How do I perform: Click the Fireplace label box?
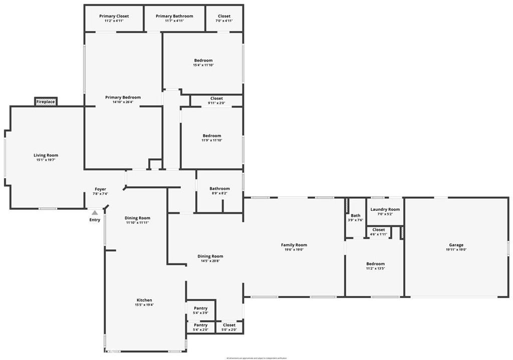[x=46, y=102]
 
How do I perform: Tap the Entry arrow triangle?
[x=95, y=213]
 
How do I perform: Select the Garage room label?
[x=456, y=245]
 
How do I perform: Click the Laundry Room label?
[x=385, y=209]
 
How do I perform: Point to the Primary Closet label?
[x=114, y=17]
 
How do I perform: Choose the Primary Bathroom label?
[x=174, y=17]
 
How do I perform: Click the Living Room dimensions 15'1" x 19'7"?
[x=46, y=160]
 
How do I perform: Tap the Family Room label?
[x=294, y=245]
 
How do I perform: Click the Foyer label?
[x=100, y=189]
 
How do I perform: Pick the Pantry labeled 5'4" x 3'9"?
[x=200, y=308]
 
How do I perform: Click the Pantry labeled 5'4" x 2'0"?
[x=200, y=325]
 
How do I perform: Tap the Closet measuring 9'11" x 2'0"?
[x=216, y=99]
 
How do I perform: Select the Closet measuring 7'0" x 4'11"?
[x=224, y=17]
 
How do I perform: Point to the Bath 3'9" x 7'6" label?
[x=355, y=216]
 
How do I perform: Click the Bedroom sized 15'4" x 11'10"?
[x=203, y=61]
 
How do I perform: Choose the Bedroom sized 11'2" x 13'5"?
[x=375, y=264]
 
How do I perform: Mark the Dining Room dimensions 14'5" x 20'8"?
[x=210, y=261]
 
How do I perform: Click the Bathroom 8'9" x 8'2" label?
[x=219, y=189]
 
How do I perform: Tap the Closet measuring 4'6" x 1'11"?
[x=379, y=230]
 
